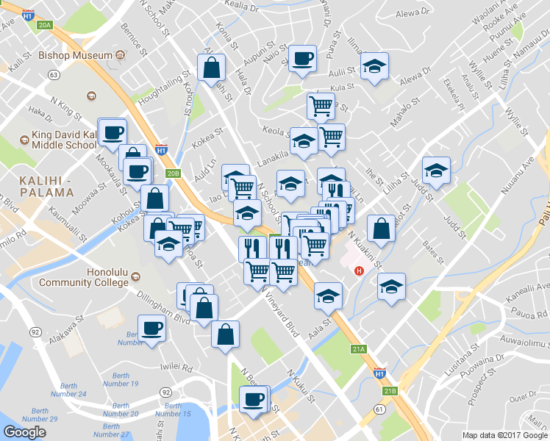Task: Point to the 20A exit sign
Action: [x=45, y=25]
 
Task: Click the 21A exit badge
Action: [x=359, y=349]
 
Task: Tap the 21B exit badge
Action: [x=390, y=391]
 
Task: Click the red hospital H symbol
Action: [x=359, y=270]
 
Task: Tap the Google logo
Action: [x=25, y=432]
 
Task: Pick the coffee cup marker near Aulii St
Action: [x=301, y=58]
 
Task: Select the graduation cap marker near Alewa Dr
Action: [x=375, y=68]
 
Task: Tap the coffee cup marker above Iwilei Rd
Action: [x=152, y=328]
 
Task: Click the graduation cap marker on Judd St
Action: [x=436, y=171]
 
